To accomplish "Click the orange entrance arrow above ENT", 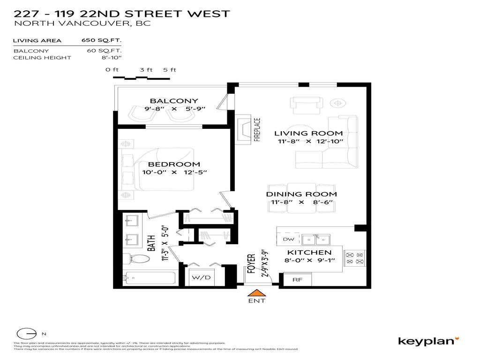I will [256, 293].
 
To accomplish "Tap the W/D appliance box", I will [202, 277].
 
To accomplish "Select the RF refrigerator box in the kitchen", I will [297, 279].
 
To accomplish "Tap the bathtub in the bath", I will [149, 278].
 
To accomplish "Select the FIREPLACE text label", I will [257, 129].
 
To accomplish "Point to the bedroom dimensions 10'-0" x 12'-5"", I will [174, 172].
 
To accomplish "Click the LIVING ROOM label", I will [308, 133].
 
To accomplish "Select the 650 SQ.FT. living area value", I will [102, 41].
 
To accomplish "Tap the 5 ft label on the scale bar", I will [169, 70].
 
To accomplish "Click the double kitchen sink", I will [316, 240].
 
